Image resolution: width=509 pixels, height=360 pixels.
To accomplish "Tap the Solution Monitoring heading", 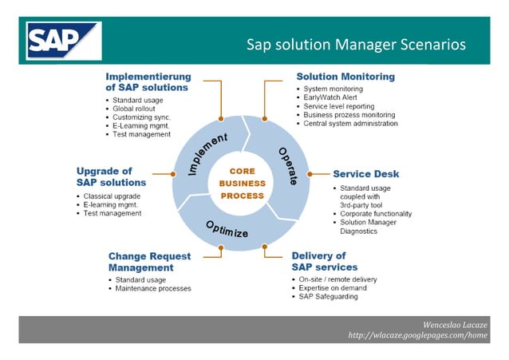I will point(345,77).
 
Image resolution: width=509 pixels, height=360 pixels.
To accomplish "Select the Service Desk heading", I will point(365,173).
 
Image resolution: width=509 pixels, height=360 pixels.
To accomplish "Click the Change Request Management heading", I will point(149,262).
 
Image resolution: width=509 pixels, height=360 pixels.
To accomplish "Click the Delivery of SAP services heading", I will point(324,262).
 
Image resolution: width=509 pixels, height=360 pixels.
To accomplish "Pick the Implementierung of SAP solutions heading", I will point(147,81).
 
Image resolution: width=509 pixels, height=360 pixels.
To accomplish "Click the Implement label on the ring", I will point(196,154).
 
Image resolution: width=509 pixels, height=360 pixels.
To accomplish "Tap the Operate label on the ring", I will point(287,166).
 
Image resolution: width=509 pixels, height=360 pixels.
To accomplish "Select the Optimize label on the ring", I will point(227,229).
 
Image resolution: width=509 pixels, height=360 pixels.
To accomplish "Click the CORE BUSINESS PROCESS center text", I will point(242,184).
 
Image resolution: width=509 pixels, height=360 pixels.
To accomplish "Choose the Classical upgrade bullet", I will point(112,196).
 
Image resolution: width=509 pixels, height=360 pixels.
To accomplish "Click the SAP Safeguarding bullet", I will point(328,297).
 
